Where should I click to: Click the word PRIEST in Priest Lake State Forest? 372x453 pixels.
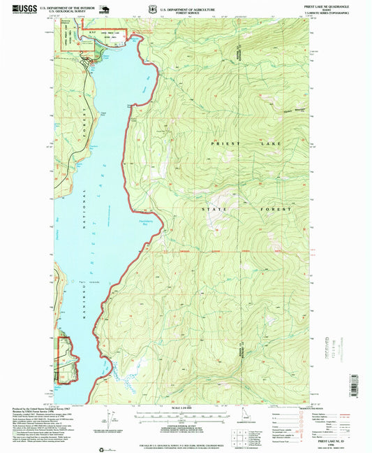pyautogui.click(x=220, y=143)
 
